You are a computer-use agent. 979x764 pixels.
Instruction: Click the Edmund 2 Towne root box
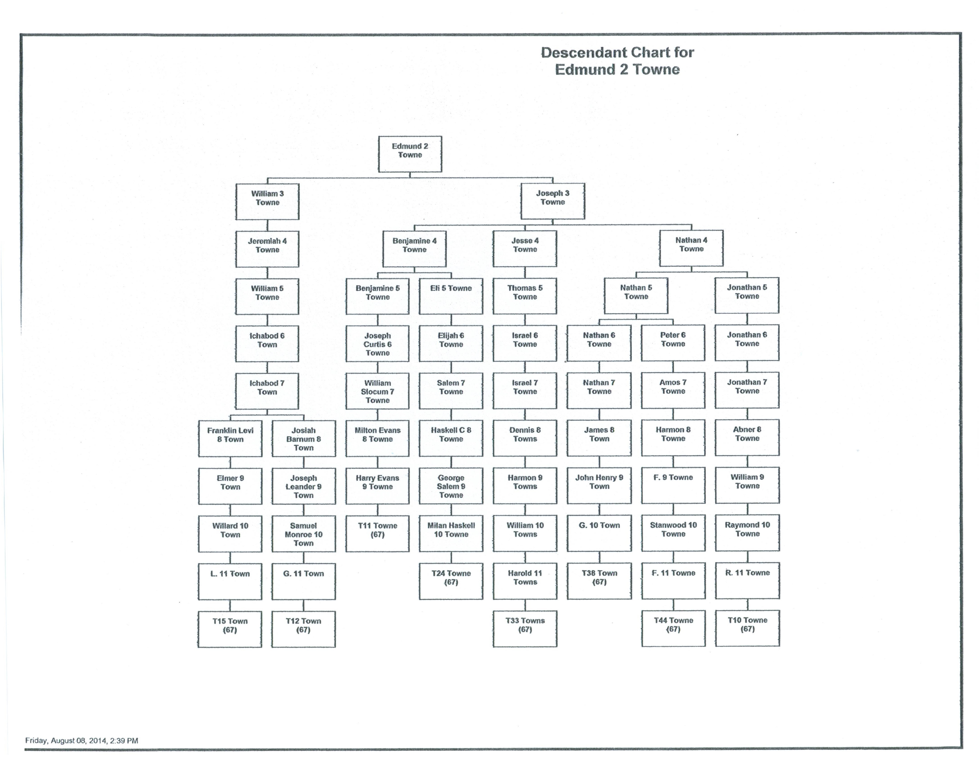click(x=410, y=154)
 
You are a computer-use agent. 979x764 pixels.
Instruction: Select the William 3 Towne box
click(x=267, y=202)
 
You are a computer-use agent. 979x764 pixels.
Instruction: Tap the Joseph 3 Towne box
click(x=552, y=201)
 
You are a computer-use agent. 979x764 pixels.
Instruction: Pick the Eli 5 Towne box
click(x=451, y=296)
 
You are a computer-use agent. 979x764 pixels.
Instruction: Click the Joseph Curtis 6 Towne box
click(x=377, y=344)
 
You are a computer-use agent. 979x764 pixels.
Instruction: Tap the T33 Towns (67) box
click(x=525, y=629)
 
